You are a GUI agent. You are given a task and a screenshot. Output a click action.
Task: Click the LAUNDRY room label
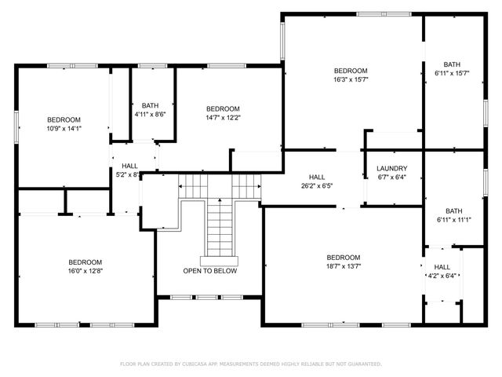tap(392, 168)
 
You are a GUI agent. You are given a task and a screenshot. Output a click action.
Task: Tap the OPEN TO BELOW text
tap(210, 271)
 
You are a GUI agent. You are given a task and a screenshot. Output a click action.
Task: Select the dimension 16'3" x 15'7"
tap(351, 79)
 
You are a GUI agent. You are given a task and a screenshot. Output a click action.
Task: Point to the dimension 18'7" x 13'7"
tap(344, 266)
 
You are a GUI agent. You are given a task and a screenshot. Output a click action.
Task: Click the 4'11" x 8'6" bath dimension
tap(150, 114)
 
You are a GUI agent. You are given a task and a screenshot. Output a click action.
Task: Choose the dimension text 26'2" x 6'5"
tap(317, 185)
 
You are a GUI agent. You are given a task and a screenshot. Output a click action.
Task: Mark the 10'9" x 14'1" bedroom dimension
tap(64, 129)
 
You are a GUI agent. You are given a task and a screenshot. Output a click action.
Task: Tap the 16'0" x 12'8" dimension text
tap(85, 271)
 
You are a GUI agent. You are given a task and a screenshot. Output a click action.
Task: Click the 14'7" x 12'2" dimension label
tap(223, 118)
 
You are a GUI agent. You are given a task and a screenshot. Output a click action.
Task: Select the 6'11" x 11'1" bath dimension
tap(454, 220)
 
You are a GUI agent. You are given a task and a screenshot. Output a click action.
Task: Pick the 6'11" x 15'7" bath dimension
tap(452, 73)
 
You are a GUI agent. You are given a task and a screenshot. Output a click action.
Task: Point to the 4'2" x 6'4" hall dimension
tap(442, 276)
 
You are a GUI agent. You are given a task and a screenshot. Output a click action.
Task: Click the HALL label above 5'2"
tap(129, 166)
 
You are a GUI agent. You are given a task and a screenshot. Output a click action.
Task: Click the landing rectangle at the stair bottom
tap(220, 262)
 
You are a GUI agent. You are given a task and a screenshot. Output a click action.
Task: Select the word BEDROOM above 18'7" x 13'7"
tap(344, 258)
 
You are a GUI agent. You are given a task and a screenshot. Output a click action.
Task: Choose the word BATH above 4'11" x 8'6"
tap(150, 105)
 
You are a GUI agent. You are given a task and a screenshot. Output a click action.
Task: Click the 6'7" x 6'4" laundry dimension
tap(392, 177)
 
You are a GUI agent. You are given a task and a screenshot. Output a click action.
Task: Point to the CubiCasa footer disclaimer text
tap(251, 364)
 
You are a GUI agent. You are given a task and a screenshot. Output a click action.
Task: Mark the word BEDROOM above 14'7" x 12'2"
tap(223, 109)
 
